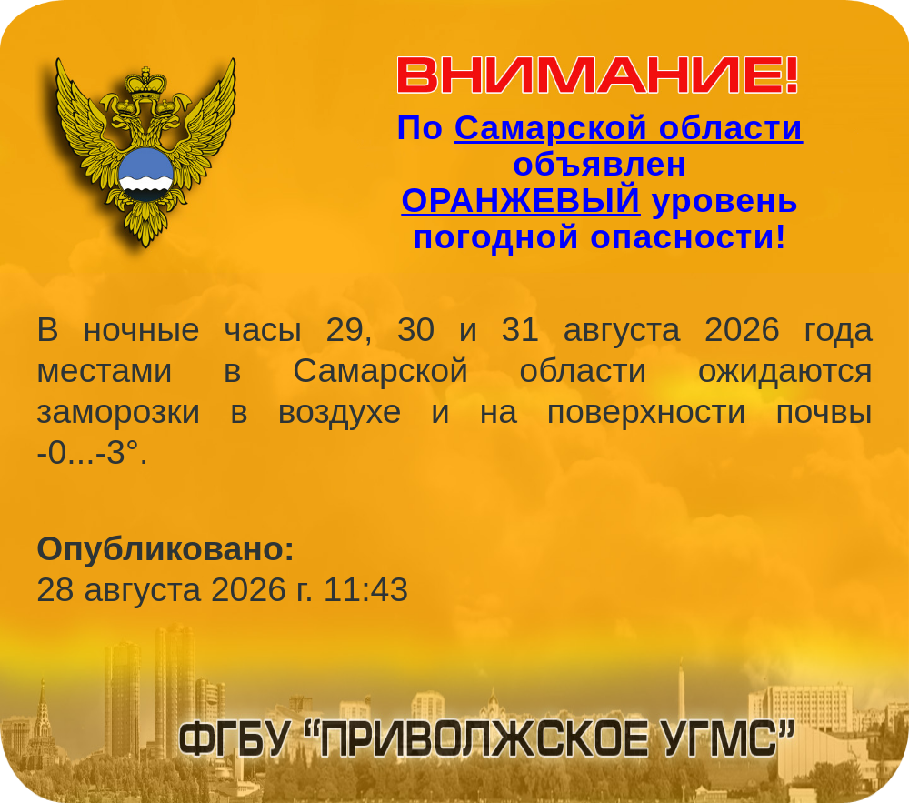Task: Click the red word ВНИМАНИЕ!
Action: tap(598, 75)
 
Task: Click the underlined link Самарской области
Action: tap(628, 128)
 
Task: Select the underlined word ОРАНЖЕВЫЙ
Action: tap(521, 201)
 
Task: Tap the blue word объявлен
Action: tap(599, 165)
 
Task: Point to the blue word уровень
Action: tap(724, 202)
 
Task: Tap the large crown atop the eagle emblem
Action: tap(145, 83)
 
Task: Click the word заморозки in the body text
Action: tap(118, 412)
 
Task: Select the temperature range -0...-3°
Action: tap(92, 453)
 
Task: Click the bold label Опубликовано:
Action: tap(165, 549)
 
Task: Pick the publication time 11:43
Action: tap(365, 589)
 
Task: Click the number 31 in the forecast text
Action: tap(520, 330)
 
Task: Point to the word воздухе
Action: tap(339, 412)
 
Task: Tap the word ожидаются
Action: tap(785, 372)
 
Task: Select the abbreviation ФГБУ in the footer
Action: tap(235, 740)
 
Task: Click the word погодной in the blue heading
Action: tap(495, 237)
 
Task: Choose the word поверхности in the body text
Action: tap(645, 412)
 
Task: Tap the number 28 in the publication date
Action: tap(55, 589)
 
